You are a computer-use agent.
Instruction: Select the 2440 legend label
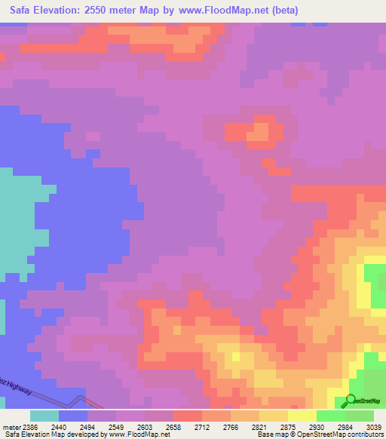[58, 426]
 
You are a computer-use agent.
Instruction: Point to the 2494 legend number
[87, 426]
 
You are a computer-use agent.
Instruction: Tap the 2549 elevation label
[116, 426]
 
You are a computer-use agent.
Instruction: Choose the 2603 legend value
[145, 426]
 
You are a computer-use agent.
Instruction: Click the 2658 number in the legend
[173, 426]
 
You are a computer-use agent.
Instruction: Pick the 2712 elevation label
[202, 426]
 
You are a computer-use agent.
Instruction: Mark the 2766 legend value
[231, 426]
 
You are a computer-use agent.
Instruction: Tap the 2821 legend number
[259, 426]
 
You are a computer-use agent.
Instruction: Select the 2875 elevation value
[288, 426]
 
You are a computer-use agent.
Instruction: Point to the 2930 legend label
[317, 426]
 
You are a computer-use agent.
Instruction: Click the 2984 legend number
[345, 426]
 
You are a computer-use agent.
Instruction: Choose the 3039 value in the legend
[374, 426]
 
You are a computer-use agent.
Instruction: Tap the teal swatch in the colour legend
[44, 416]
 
